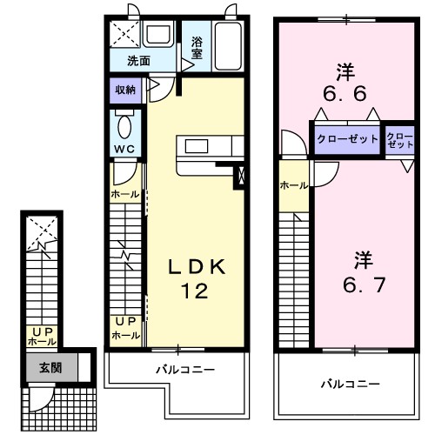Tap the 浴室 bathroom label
click(x=197, y=47)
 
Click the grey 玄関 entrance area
click(x=50, y=367)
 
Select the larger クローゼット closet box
click(x=346, y=139)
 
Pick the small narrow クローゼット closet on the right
click(x=400, y=141)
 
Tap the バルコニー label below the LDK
click(x=184, y=370)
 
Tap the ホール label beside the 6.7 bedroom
click(x=292, y=185)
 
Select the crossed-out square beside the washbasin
click(x=124, y=36)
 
